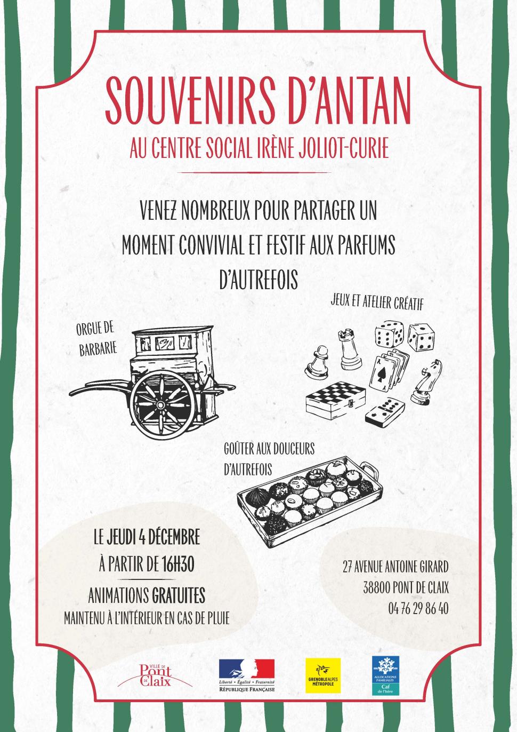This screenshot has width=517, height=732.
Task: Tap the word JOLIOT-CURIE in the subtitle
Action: [344, 149]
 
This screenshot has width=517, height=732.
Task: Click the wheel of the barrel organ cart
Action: [160, 405]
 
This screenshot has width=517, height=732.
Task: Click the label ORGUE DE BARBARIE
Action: [96, 339]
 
